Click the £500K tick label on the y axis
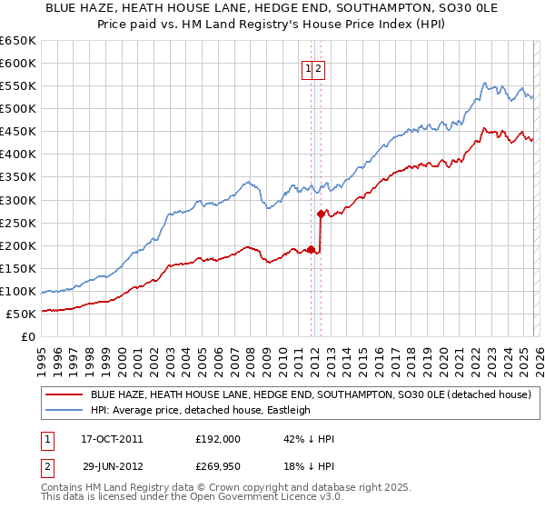(17, 108)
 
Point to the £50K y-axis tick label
(20, 314)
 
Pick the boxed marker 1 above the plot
(308, 67)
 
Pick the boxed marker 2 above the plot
(320, 67)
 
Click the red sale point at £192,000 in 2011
(311, 249)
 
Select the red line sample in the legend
(63, 394)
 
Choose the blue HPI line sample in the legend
(63, 410)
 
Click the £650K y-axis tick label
(17, 41)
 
